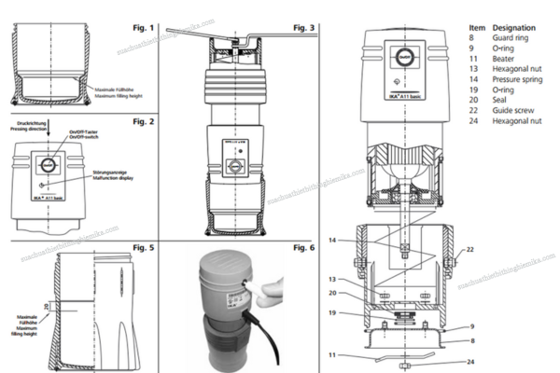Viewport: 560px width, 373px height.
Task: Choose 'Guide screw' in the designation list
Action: pos(510,111)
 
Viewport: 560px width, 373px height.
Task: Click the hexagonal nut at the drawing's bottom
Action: pos(405,364)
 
